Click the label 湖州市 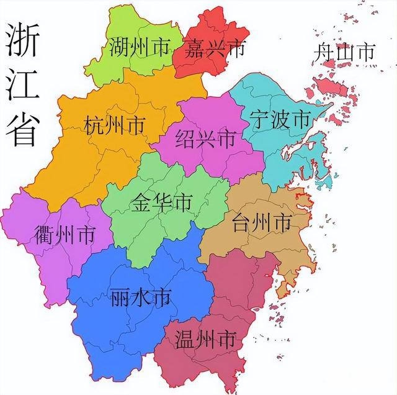(x=139, y=48)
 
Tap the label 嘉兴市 (x=214, y=48)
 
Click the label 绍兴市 (x=205, y=138)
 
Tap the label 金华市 (x=162, y=202)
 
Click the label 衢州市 (x=65, y=235)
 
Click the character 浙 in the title (x=24, y=45)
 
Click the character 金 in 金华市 (x=141, y=202)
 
